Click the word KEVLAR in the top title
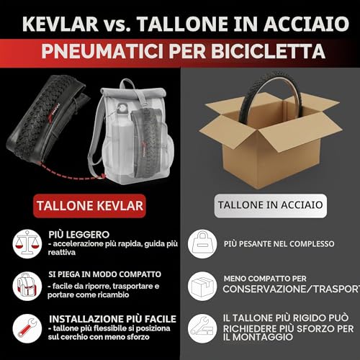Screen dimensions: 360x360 (60, 24)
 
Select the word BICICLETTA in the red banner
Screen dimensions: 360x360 (268, 51)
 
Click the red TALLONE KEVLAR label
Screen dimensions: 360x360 (90, 206)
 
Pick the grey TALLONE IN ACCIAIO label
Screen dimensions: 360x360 (271, 206)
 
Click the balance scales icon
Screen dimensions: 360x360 (27, 243)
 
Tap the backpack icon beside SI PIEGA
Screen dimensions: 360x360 (27, 286)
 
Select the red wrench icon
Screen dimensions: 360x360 (27, 328)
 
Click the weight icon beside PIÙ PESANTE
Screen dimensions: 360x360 (202, 244)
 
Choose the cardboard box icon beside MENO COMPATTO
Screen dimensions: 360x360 (202, 286)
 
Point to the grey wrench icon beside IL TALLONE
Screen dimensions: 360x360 (202, 328)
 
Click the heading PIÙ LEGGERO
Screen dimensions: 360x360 (79, 235)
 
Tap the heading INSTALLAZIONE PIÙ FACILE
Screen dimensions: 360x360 (112, 319)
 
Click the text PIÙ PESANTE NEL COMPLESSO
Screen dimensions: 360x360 (279, 244)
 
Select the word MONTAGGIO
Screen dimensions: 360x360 (263, 337)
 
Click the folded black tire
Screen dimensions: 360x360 (48, 121)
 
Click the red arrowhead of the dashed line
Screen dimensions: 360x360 (103, 176)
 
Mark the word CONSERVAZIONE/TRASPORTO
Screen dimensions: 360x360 (292, 289)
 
